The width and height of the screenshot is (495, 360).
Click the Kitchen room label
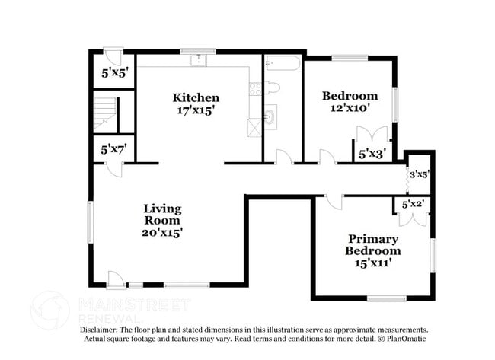click(196, 98)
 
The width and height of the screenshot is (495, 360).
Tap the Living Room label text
click(162, 215)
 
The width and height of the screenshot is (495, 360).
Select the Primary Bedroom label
click(373, 245)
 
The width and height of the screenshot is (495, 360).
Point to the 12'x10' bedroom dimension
click(350, 108)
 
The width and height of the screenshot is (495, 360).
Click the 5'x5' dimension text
click(114, 73)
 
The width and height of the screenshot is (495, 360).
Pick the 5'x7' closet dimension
click(114, 149)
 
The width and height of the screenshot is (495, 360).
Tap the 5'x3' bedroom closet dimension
click(372, 155)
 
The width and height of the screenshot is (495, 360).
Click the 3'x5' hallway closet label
click(420, 174)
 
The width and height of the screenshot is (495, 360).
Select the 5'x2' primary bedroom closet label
click(413, 205)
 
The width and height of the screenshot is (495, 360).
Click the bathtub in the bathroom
click(283, 64)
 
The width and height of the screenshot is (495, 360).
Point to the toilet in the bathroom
click(272, 88)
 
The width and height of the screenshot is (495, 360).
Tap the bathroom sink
click(270, 116)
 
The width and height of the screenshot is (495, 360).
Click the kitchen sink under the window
click(198, 60)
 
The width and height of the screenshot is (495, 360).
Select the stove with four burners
click(255, 88)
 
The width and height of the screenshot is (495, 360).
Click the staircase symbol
click(105, 113)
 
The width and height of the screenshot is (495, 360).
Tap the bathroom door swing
click(285, 157)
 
